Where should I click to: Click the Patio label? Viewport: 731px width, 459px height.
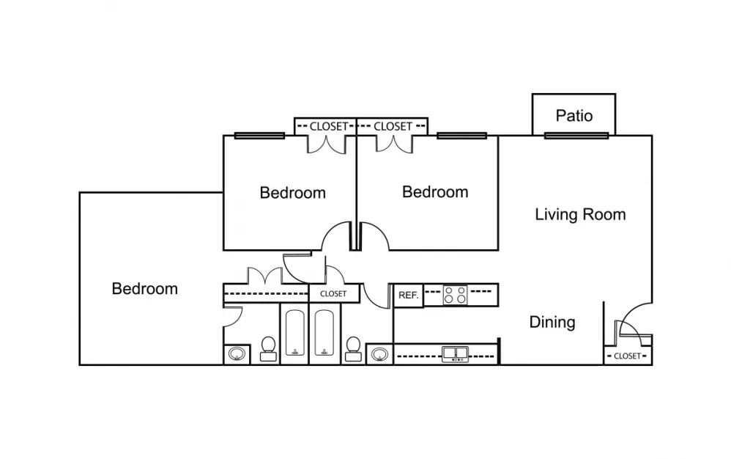[574, 115]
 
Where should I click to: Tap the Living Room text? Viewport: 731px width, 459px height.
[580, 214]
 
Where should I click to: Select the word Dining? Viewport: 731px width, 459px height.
[552, 322]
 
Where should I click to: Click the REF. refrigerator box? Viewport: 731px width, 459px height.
[408, 295]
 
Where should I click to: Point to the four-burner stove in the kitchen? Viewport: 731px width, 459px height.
[455, 295]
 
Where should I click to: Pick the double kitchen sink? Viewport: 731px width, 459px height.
[455, 355]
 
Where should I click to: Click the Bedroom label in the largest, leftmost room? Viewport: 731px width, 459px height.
[144, 289]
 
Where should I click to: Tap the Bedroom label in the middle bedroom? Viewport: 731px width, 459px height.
[292, 193]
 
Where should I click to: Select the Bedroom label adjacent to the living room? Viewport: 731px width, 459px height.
[435, 192]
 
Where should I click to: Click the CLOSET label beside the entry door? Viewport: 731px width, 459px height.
[627, 356]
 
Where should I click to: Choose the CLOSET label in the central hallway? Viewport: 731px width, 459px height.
[333, 293]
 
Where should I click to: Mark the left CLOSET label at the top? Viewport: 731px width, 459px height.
[329, 126]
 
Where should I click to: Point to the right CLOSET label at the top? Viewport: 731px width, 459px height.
[393, 126]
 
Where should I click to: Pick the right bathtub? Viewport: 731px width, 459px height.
[324, 334]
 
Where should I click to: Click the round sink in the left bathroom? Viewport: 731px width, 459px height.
[237, 355]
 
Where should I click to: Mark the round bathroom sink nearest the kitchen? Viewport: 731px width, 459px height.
[379, 355]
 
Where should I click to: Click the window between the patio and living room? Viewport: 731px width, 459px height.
[576, 135]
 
